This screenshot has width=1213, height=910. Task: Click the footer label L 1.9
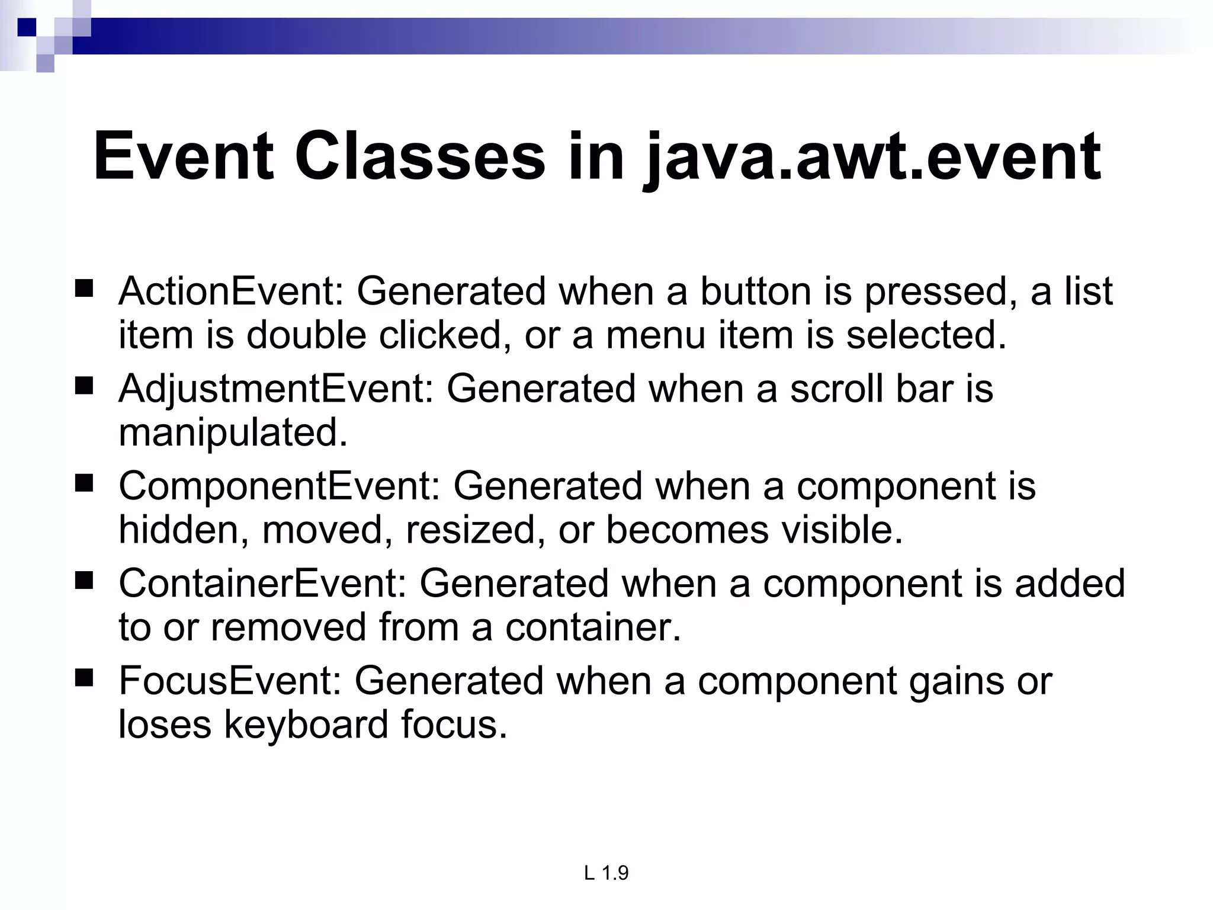(x=606, y=873)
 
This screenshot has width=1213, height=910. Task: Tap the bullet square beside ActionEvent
(x=85, y=290)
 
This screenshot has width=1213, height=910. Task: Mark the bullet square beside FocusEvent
(x=85, y=678)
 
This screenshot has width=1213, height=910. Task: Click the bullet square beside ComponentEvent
(x=85, y=484)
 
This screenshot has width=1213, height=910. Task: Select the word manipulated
(x=232, y=433)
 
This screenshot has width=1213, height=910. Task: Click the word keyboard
(x=306, y=724)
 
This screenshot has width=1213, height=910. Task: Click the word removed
(x=288, y=627)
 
